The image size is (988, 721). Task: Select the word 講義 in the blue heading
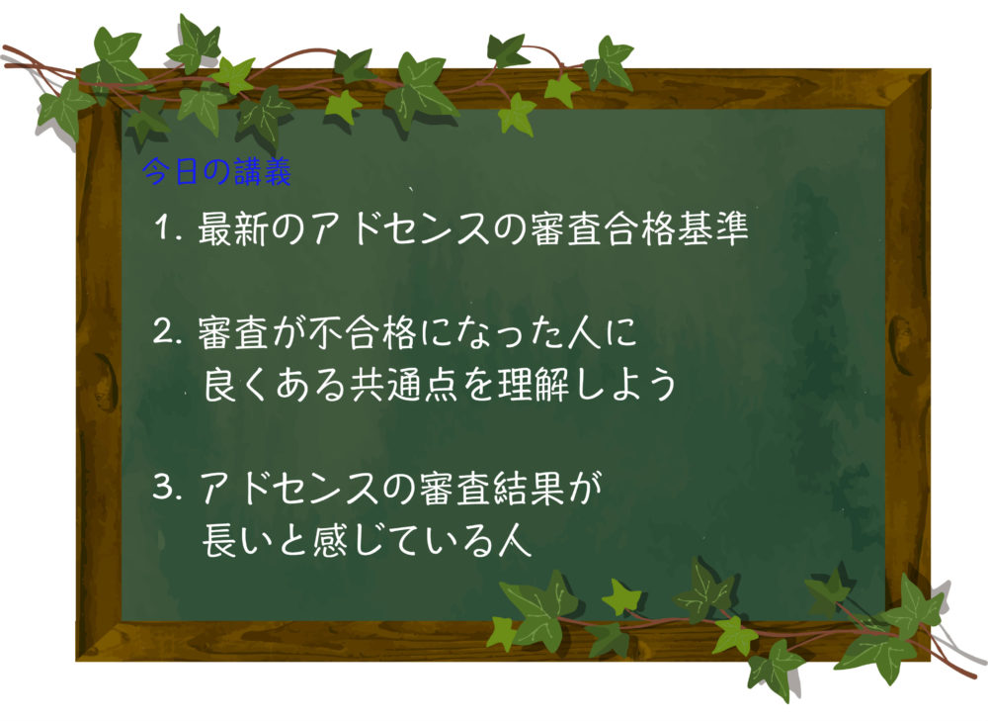263,171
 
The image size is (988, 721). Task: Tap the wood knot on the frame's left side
106,386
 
